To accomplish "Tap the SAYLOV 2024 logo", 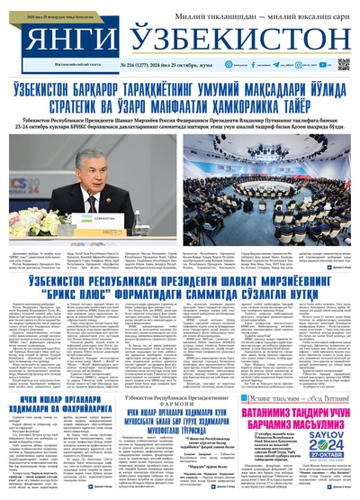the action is [x=329, y=422].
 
